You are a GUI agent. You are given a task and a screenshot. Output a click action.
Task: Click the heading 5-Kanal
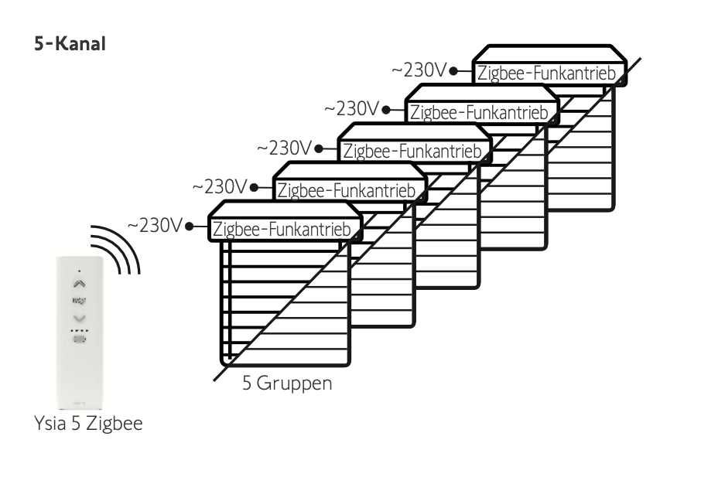[70, 44]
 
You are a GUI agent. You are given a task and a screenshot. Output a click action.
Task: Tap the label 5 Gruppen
[287, 383]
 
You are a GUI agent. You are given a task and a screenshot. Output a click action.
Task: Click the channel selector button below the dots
[79, 339]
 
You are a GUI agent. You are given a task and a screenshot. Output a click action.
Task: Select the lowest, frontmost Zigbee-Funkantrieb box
[286, 229]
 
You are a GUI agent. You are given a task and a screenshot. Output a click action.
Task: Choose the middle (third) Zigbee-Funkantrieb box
[416, 151]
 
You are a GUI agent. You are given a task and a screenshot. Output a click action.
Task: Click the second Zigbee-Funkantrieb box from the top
[481, 112]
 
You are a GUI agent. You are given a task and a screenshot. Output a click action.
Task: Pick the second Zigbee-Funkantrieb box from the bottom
[351, 189]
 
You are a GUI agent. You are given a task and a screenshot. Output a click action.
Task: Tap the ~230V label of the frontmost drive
[155, 225]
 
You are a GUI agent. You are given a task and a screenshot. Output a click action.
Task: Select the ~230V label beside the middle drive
[285, 147]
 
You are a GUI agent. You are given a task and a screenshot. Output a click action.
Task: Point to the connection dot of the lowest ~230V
[189, 227]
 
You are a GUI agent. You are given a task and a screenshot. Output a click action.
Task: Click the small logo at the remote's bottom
[79, 400]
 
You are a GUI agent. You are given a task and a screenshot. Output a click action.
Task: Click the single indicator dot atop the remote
[79, 271]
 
